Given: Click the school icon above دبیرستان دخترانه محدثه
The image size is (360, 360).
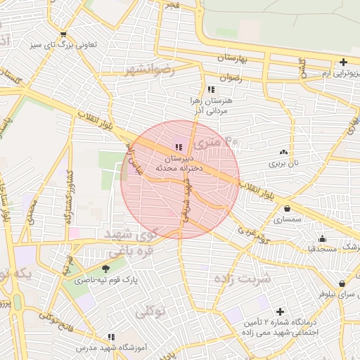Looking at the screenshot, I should click(x=177, y=148).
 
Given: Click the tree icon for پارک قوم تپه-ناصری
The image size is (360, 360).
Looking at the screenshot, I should click(x=105, y=268).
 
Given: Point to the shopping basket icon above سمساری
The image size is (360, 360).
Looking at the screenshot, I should click(x=288, y=208).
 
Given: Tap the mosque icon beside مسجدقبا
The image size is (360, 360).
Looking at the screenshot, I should click(x=322, y=238).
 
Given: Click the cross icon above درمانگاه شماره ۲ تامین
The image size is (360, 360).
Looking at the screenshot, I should click(x=280, y=311).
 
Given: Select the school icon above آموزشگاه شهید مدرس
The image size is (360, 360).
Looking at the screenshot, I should click(x=110, y=337).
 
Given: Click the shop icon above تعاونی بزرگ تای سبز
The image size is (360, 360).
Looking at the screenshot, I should click(x=64, y=34).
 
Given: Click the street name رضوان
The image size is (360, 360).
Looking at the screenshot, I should click(x=230, y=78).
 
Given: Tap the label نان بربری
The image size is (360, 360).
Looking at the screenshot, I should click(x=283, y=163).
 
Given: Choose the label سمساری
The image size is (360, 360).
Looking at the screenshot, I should click(x=288, y=219).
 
